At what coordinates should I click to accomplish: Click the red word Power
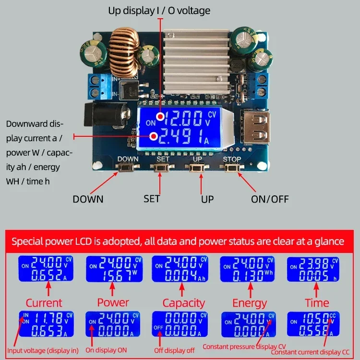113,302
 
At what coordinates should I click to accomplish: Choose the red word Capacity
183,303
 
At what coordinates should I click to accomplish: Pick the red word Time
317,303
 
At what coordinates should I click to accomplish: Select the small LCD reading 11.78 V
47,324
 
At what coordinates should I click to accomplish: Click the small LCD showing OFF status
180,324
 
